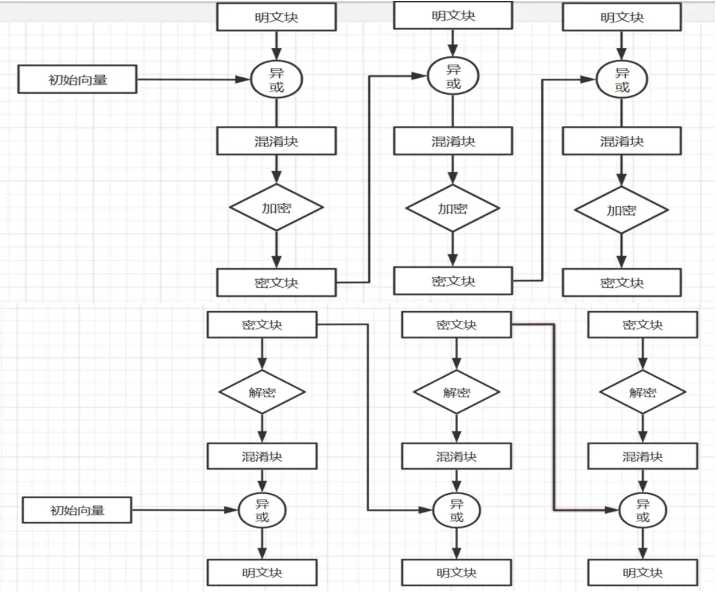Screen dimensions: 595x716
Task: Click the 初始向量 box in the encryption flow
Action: point(78,79)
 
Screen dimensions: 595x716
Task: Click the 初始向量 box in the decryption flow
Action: point(77,510)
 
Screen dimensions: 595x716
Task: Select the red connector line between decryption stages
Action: point(554,416)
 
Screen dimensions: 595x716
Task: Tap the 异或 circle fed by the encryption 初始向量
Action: point(276,80)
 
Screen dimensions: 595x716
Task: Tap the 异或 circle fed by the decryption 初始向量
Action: point(262,510)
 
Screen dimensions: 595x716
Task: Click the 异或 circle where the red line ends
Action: point(642,510)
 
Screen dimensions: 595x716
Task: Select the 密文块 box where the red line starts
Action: point(457,325)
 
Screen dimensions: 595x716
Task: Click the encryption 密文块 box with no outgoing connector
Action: point(622,283)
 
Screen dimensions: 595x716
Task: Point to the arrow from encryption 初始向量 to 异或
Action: point(194,79)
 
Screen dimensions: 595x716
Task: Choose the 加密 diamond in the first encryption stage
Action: point(276,208)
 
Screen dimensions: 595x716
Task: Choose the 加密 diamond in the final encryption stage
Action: point(621,210)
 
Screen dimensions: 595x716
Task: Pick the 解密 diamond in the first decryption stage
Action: point(262,392)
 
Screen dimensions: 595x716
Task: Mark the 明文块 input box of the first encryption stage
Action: point(276,17)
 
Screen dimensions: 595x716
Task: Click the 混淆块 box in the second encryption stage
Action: point(453,141)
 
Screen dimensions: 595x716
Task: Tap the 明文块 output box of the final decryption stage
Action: point(642,573)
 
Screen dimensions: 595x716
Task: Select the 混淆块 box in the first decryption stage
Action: point(262,457)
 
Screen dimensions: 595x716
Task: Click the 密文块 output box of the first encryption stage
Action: point(276,283)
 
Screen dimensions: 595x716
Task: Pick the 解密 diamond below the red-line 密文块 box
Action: point(457,392)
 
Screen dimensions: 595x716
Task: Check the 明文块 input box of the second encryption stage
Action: point(453,15)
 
